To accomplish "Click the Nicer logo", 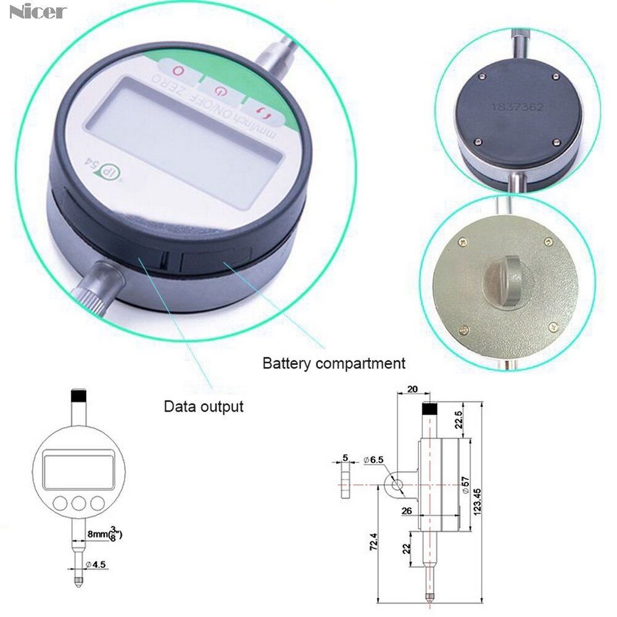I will (38, 12).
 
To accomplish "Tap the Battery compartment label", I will (334, 363).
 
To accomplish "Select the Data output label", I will (203, 407).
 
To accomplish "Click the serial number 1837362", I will (517, 107).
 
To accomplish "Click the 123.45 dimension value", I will (477, 497).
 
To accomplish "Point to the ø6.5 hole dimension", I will (374, 460).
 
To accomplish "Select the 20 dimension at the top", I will (412, 389).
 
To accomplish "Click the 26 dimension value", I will (407, 510).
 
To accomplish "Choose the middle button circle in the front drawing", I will (78, 503).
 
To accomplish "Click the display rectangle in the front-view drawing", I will (78, 468).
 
